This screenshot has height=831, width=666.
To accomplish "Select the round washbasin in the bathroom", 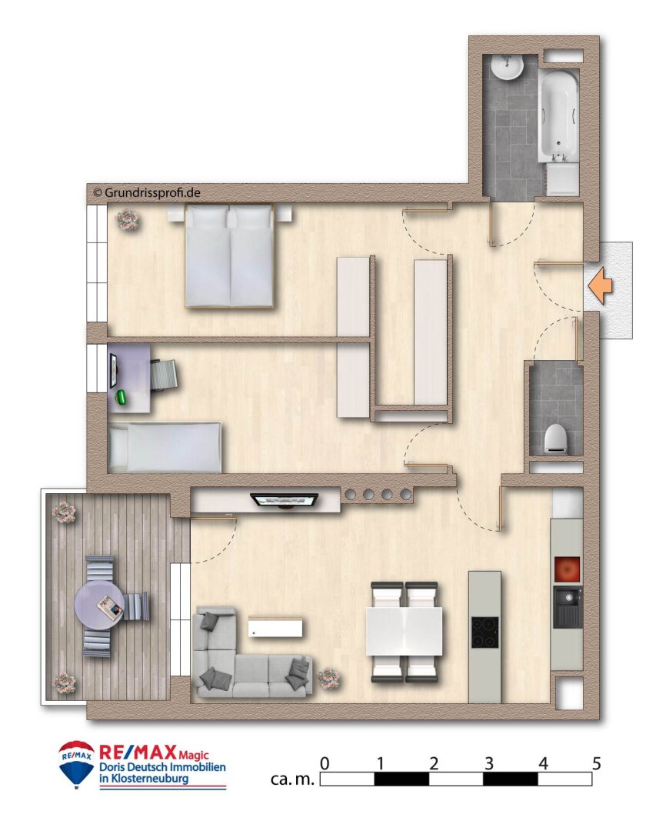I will [x=507, y=68].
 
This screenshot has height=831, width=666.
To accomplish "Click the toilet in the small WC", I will [x=556, y=439].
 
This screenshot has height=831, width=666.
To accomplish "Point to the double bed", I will [x=229, y=256].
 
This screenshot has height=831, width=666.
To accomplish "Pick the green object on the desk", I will [x=122, y=396].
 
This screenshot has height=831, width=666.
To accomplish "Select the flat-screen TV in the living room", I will [x=285, y=500].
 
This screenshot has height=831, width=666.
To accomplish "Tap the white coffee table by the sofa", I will [x=275, y=628].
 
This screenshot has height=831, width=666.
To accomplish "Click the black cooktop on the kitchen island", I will [x=485, y=632].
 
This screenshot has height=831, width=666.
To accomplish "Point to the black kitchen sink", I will [x=567, y=606].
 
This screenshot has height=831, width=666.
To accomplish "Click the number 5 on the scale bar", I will [x=596, y=764].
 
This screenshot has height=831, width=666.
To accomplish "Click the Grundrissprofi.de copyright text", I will [x=146, y=192].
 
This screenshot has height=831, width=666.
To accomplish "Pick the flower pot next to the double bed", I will [x=126, y=221].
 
